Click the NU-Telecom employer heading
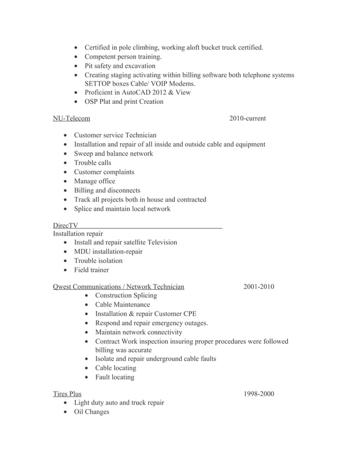tap(71, 118)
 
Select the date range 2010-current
tap(247, 118)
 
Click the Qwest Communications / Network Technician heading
tap(118, 287)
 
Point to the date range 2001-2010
tap(258, 287)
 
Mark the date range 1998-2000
tap(258, 394)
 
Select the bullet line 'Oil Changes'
tap(91, 412)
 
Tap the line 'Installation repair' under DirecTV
tap(78, 234)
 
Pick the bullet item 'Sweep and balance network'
tap(113, 153)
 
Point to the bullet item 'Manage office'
tap(94, 181)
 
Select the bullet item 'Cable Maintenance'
tap(122, 305)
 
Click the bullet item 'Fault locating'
tap(115, 377)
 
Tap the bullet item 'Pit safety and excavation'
tap(120, 66)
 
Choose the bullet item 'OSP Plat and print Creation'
tap(124, 102)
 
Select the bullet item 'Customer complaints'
tap(104, 172)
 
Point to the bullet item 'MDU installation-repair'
tap(108, 252)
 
